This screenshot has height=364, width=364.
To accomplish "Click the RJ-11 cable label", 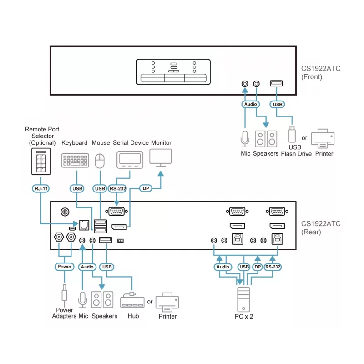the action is [41, 188].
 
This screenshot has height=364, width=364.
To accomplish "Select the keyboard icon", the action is [75, 161].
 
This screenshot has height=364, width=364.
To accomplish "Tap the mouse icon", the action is [100, 161].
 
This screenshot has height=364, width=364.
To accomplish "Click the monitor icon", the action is [161, 158].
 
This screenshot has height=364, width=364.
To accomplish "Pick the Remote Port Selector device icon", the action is [41, 162].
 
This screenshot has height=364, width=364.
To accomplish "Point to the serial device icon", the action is [130, 160].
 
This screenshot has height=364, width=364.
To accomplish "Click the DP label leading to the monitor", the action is [146, 188].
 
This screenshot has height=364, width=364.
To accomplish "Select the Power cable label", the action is [64, 267].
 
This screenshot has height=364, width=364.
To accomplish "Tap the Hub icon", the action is [132, 300].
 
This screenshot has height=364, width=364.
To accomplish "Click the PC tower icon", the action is [243, 299].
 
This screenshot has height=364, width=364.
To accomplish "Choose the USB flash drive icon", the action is [292, 134].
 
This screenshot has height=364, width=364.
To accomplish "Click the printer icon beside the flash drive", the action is [323, 139].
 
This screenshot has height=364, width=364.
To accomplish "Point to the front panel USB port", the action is [276, 83].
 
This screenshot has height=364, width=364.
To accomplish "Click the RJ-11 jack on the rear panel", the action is [84, 225].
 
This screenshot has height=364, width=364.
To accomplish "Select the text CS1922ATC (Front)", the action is [321, 73].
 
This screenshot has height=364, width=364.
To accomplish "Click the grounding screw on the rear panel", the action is [65, 212].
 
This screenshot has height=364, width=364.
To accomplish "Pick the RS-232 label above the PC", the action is [273, 267].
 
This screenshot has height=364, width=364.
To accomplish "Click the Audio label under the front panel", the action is [251, 104].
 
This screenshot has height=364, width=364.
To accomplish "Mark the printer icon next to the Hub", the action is [167, 302].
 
